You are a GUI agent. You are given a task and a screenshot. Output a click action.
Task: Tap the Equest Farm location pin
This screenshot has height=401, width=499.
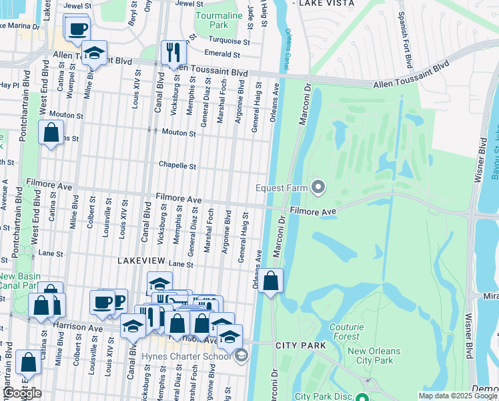[318, 188]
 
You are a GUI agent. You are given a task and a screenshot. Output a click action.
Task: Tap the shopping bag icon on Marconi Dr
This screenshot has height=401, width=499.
[271, 281]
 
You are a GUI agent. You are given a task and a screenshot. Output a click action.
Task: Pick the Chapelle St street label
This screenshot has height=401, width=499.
[177, 165]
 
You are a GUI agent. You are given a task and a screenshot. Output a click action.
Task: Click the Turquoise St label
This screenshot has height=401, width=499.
[228, 41]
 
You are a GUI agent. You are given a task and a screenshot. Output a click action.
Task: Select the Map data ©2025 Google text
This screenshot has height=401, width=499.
[458, 396]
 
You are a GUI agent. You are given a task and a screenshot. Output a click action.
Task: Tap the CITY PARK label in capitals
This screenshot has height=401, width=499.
[300, 346]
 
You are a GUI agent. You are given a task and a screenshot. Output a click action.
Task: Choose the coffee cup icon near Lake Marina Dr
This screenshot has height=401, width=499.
[77, 28]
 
